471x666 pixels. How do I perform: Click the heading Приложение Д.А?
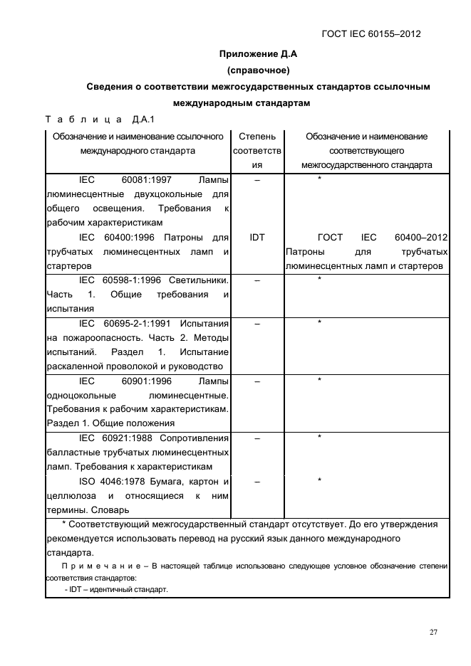(x=257, y=53)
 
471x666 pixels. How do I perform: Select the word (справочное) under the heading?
(x=257, y=70)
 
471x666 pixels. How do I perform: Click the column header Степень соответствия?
(x=257, y=150)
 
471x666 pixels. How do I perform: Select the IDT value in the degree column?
(x=257, y=237)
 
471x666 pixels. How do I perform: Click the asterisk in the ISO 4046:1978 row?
(x=320, y=481)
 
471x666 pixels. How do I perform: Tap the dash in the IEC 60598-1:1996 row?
(x=257, y=280)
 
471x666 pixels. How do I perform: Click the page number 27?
(x=433, y=631)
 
